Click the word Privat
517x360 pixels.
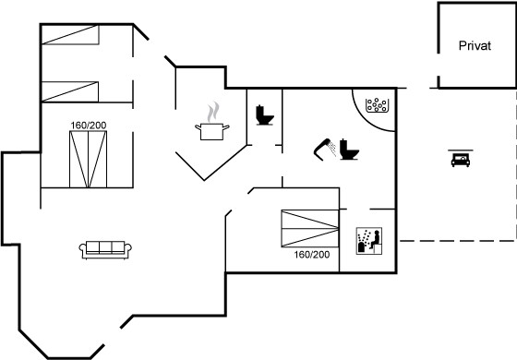475,45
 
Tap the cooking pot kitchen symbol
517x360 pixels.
212,131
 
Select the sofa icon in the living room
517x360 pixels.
105,249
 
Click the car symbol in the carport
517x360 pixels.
461,160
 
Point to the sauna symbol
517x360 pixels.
369,241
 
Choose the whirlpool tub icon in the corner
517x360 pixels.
378,105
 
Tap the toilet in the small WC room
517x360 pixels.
264,115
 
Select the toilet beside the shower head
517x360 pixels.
349,150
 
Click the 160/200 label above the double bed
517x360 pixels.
89,126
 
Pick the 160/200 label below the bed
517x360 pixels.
312,255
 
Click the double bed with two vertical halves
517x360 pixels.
88,159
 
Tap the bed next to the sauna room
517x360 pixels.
310,229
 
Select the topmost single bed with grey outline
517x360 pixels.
70,34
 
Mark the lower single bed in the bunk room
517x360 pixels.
70,91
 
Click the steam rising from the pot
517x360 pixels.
213,112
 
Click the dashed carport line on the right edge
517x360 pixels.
515,165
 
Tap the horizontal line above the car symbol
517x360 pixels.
461,150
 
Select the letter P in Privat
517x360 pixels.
463,45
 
